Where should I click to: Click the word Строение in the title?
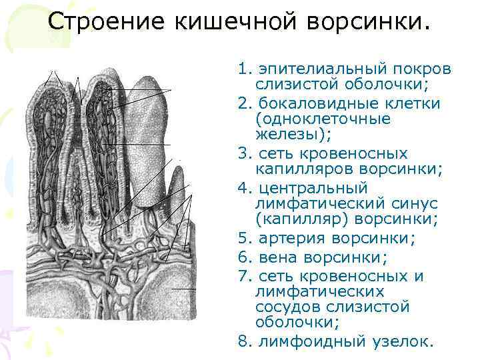point(107,21)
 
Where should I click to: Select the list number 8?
point(243,342)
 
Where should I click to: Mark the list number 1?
point(243,69)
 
